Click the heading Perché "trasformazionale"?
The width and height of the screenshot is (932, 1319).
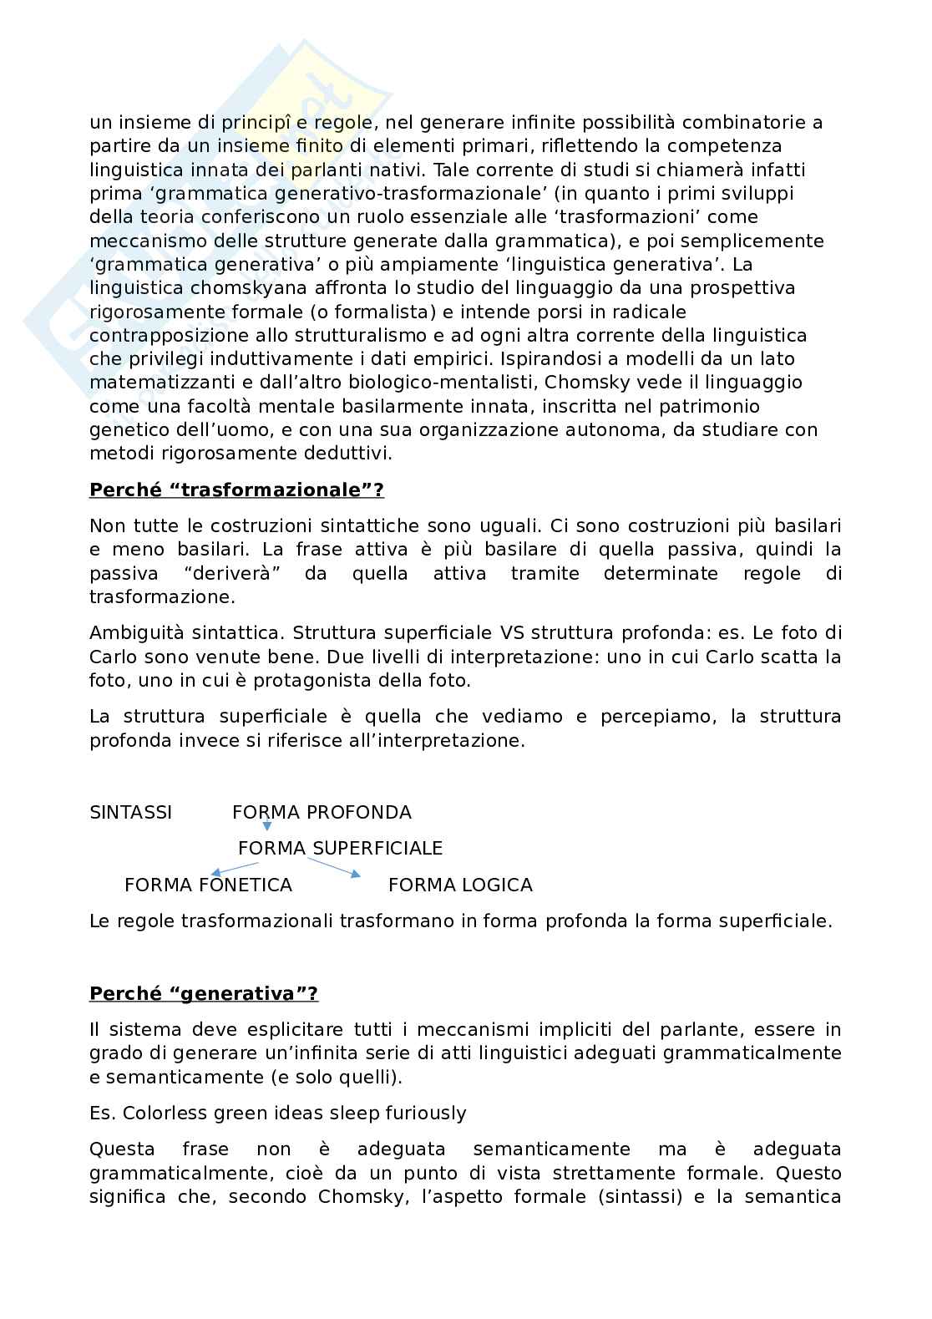(236, 490)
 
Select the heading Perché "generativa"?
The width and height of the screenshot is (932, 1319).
(204, 994)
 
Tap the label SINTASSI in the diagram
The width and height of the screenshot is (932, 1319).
(130, 813)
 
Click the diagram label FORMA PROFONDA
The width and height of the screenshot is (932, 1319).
(322, 813)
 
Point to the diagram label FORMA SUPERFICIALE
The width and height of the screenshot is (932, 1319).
(340, 849)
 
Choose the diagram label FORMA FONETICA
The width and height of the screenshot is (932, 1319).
(208, 885)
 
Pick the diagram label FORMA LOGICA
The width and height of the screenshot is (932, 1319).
(460, 885)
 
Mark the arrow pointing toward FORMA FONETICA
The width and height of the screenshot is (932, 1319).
(235, 869)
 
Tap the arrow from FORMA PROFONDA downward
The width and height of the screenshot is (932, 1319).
(266, 825)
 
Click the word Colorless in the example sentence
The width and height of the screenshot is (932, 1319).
(160, 1114)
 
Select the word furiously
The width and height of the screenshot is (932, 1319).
(425, 1114)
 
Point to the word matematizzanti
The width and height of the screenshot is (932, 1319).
(156, 383)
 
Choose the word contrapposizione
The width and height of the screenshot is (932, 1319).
(169, 336)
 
